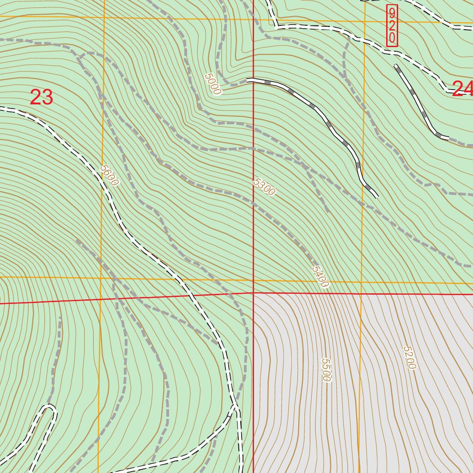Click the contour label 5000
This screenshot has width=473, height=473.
click(x=212, y=84)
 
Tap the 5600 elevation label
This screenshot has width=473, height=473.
click(x=109, y=176)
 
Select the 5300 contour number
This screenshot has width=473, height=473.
click(x=264, y=187)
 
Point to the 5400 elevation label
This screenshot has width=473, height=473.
click(x=320, y=276)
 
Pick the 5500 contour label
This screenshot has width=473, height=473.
click(x=326, y=370)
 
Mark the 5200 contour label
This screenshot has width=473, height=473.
click(x=409, y=358)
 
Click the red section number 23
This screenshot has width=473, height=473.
click(x=41, y=97)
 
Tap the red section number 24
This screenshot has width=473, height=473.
click(x=462, y=89)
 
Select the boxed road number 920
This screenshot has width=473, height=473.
click(x=392, y=26)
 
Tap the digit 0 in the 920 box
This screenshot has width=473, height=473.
click(x=392, y=38)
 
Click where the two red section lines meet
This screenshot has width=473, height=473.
click(x=254, y=292)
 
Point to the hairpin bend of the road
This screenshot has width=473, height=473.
click(x=49, y=407)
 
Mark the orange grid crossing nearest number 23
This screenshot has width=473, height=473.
click(x=103, y=18)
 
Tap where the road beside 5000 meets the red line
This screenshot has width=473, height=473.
click(x=254, y=80)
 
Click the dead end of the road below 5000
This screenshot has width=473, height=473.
click(x=377, y=197)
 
